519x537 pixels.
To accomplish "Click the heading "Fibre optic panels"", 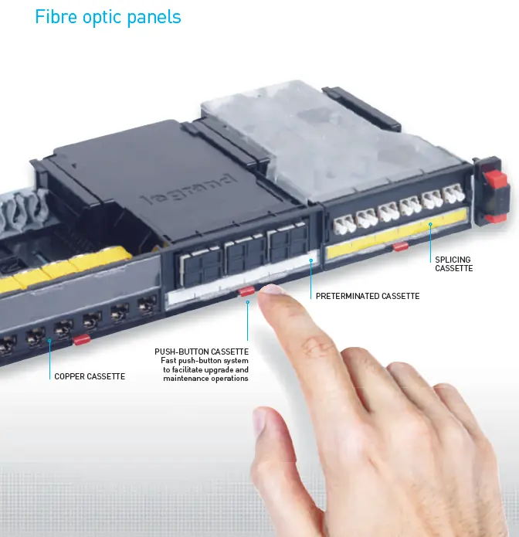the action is click(108, 17).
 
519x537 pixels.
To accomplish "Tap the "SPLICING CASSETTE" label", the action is click(453, 263).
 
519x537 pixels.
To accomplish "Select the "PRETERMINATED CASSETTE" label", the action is click(368, 296).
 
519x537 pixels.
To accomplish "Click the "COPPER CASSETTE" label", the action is click(90, 376).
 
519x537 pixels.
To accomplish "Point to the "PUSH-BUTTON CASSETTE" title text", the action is click(202, 352).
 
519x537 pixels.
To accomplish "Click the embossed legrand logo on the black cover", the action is click(189, 189).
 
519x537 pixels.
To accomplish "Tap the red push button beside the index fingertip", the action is click(247, 291).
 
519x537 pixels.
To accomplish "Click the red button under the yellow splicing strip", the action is click(400, 246).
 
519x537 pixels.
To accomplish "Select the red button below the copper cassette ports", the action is click(81, 340).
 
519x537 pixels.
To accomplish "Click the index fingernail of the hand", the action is click(272, 290).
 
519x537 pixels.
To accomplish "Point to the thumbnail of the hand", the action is click(259, 421).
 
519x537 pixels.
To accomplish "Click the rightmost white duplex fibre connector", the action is click(453, 193).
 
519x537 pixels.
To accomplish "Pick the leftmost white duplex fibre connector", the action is click(344, 224).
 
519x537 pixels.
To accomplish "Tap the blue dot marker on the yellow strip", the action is click(430, 224).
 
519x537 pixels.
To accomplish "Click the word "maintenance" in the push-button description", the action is click(183, 379).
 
